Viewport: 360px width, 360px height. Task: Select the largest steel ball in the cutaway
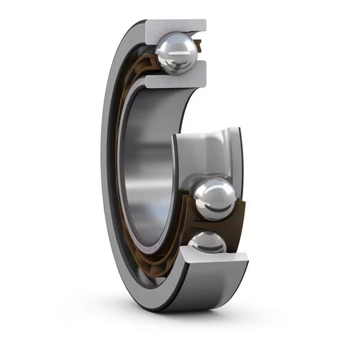pos(214,198)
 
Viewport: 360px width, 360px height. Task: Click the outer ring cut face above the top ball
pos(177,26)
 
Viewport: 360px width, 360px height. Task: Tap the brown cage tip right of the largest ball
pos(240,207)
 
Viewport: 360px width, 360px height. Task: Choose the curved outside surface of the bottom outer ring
pos(210,288)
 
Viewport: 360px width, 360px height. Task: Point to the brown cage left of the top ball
pos(150,60)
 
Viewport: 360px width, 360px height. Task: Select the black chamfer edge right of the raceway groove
pos(240,156)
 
